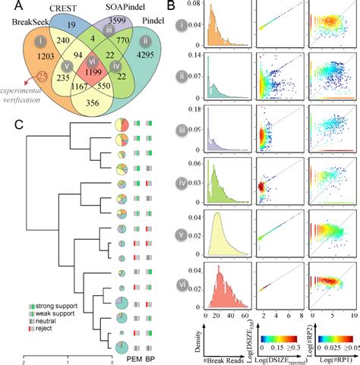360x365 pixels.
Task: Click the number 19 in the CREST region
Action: (x=71, y=26)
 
